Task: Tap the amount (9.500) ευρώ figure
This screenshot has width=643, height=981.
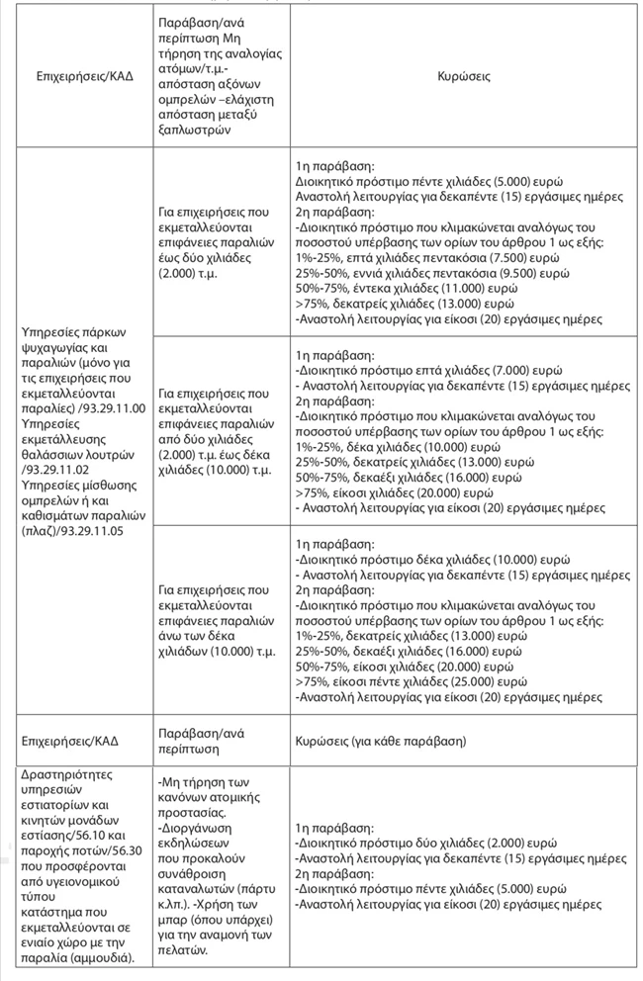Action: coord(478,273)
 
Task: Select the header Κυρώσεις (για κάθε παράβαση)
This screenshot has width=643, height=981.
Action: coord(381,741)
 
